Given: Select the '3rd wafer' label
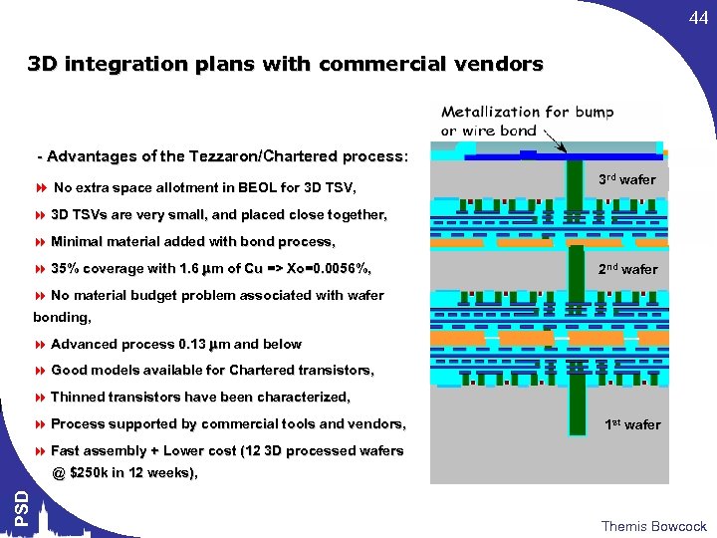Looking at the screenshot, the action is pos(626,180).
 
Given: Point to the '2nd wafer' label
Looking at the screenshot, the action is pos(627,269).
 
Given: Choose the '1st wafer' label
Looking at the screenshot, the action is pos(632,424).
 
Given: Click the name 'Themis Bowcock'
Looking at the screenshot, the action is pos(653,526).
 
